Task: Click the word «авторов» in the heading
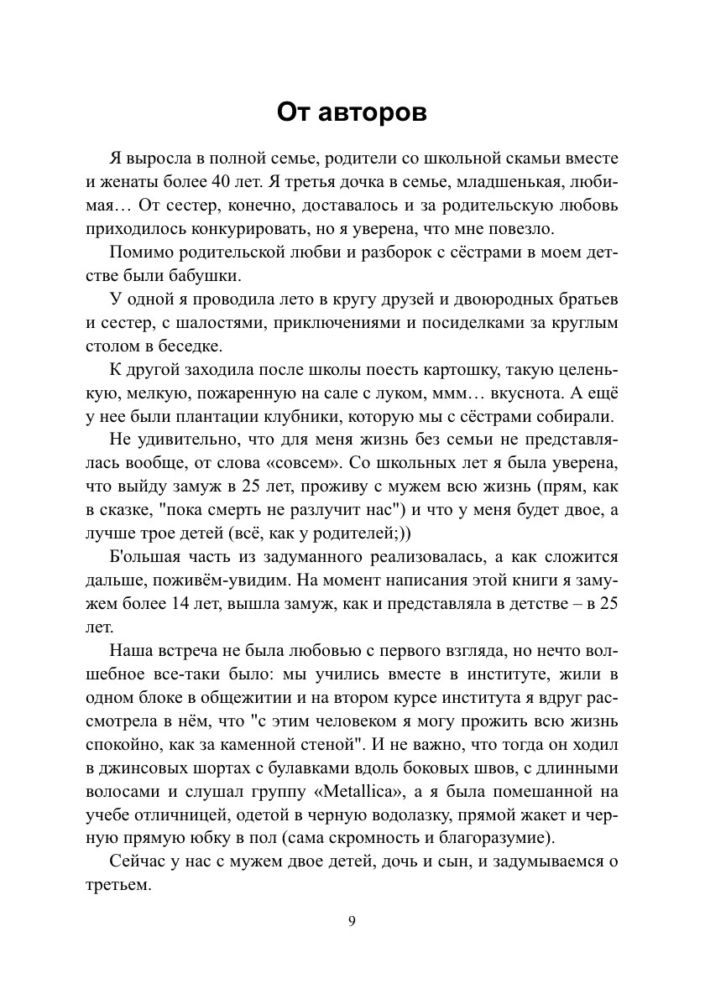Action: (x=374, y=112)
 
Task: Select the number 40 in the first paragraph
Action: (x=206, y=181)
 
